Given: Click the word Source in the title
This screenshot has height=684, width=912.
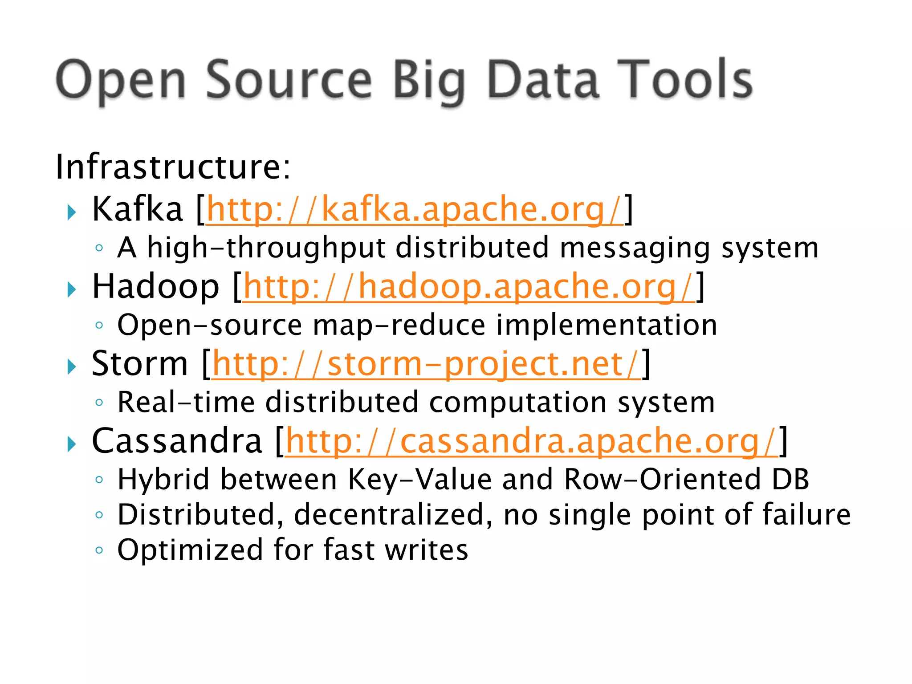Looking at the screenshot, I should (289, 80).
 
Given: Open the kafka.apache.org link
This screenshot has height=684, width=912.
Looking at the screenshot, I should (414, 209).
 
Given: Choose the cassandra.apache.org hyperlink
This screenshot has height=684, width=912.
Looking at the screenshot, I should (531, 441).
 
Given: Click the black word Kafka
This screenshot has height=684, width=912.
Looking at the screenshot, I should (137, 209).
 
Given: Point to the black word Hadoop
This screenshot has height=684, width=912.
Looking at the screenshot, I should (155, 286).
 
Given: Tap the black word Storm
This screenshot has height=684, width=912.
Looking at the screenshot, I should (139, 364).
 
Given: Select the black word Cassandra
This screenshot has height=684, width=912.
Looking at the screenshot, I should (177, 441).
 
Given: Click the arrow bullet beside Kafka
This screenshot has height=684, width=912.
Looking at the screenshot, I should (71, 212).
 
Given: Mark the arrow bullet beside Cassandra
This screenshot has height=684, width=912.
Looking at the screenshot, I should (71, 444).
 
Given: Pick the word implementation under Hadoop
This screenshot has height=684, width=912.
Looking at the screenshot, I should (607, 325).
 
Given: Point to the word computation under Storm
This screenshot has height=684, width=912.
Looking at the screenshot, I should (518, 402).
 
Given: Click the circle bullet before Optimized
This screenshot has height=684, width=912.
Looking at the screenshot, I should (99, 550).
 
